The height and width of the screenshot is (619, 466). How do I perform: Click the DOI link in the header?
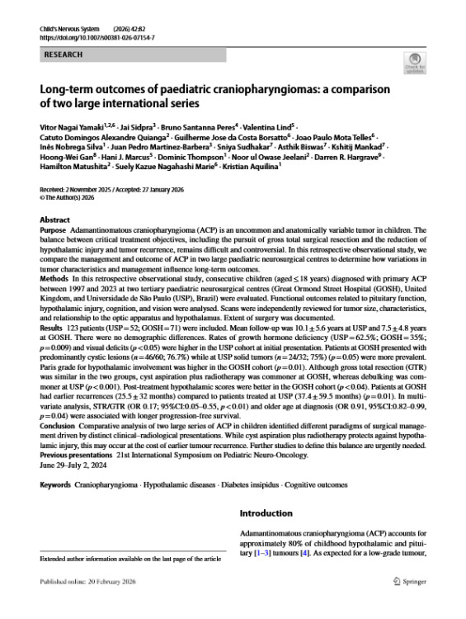[x=97, y=38]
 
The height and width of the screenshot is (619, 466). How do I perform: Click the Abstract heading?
[x=55, y=220]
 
